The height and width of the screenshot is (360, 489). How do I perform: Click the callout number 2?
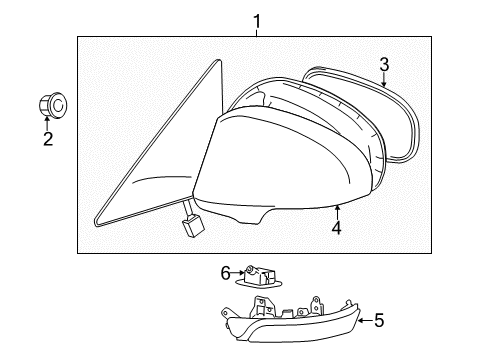pos(47,139)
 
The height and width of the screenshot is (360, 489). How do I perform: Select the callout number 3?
pos(384,66)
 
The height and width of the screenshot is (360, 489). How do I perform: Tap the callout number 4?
pos(337,228)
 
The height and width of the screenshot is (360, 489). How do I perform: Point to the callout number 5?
pos(378,321)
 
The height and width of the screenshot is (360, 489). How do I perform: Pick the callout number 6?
pos(225,271)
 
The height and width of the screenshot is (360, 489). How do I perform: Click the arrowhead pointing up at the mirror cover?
pos(337,207)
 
